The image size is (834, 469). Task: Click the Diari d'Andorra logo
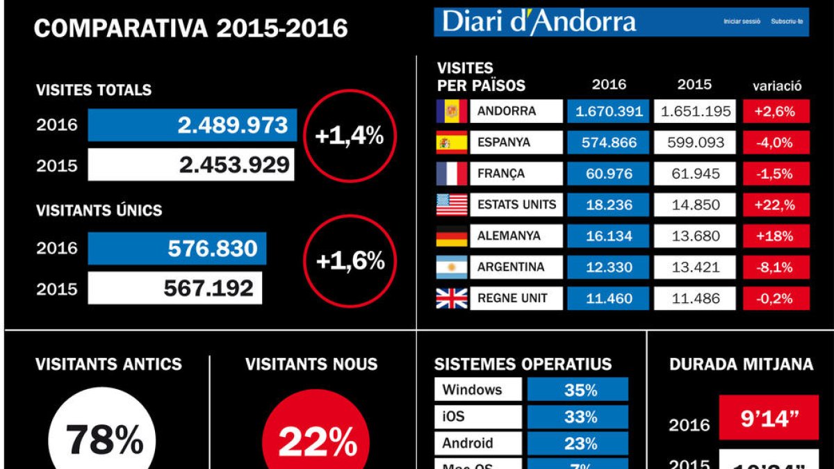coord(539,22)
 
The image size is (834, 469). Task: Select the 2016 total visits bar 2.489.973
coord(193,125)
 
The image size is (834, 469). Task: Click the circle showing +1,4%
coord(349,135)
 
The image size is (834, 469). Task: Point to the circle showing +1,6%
coord(350,261)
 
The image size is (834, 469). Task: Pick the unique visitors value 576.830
coord(177,248)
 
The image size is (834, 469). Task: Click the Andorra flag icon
coord(451,111)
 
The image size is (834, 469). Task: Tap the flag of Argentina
coord(451,267)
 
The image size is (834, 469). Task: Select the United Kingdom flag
coord(451,298)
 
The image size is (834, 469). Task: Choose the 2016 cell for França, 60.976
coord(609,174)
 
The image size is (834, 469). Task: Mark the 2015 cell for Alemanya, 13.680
coord(695,236)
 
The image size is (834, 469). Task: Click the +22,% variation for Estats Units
coord(776,205)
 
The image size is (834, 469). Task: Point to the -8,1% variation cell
coord(776,267)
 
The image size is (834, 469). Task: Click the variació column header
coord(777,86)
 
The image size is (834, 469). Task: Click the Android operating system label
coord(478,443)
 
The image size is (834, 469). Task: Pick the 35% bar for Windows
coord(578,390)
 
